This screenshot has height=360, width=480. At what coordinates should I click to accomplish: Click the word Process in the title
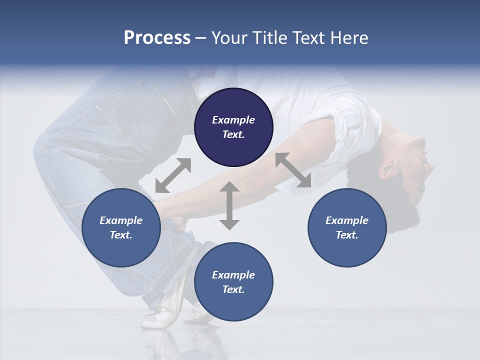pos(157,38)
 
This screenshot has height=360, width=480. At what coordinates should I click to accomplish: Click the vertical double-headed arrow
pos(229,205)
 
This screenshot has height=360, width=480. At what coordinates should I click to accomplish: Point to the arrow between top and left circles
pos(173,175)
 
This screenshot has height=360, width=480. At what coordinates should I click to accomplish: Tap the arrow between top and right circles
pos(293,170)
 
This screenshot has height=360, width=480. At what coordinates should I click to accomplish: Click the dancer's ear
pos(387,169)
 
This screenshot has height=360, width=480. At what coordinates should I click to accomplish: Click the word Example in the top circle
pos(233,120)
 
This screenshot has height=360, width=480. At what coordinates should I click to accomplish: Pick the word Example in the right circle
pos(346,220)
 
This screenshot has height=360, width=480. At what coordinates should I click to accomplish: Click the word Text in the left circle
pos(120,235)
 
